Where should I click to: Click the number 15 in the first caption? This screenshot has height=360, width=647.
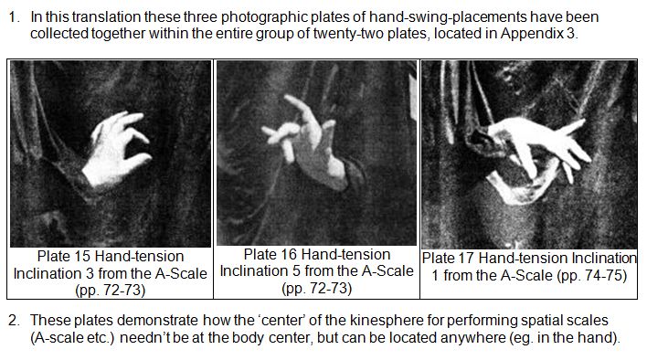80,257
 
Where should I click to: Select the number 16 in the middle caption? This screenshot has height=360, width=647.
288,254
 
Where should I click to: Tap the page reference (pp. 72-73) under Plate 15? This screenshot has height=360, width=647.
111,291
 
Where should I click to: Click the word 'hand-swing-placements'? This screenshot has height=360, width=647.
448,17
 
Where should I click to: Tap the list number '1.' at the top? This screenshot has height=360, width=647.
14,17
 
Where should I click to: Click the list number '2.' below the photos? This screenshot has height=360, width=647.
14,321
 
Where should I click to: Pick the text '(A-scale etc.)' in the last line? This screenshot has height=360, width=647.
72,338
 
